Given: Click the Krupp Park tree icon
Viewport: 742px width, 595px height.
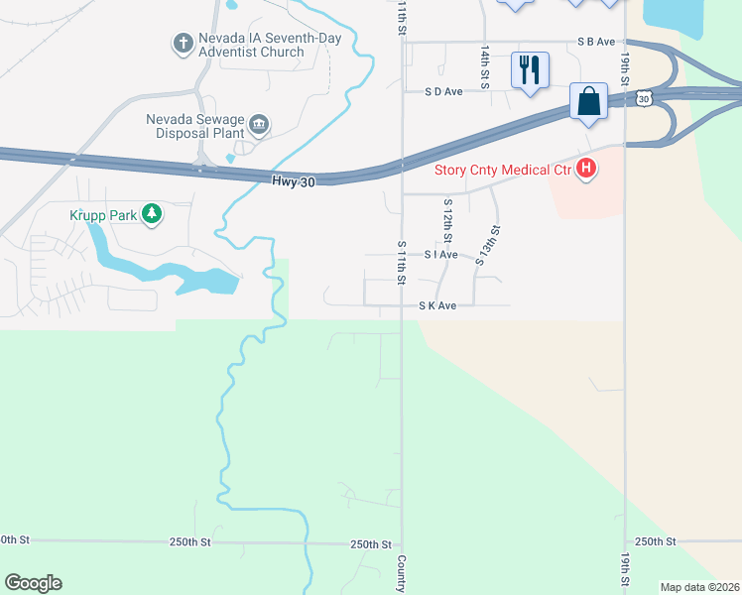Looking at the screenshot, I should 151,213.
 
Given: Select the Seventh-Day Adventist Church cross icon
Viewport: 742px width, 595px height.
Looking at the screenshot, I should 183,44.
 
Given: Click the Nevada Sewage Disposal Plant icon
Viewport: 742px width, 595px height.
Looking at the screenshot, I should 259,124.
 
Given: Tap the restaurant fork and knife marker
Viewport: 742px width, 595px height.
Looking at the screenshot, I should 530,69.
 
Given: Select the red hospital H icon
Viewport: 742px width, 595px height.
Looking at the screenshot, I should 586,169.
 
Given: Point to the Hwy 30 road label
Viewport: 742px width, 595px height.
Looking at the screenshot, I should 292,180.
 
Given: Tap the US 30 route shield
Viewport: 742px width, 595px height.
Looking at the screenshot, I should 646,98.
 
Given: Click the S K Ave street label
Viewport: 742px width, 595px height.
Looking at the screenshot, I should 436,306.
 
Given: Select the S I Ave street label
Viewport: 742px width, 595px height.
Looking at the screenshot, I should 440,255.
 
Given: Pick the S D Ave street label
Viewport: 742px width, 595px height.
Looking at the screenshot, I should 443,91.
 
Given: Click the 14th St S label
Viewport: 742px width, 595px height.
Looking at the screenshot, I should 486,66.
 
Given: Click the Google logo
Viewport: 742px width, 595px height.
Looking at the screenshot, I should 33,583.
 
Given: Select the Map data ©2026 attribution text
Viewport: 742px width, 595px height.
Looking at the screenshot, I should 699,587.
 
